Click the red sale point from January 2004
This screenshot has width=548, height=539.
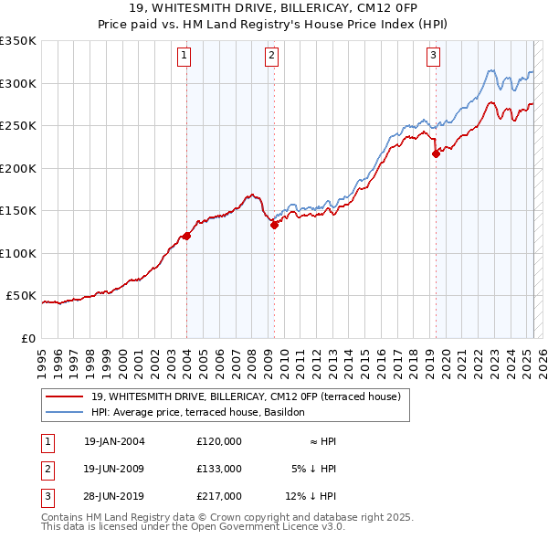click(x=186, y=236)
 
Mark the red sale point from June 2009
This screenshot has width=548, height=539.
click(x=273, y=225)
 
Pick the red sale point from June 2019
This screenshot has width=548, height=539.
click(x=436, y=153)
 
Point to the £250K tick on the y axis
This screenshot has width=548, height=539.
click(x=17, y=126)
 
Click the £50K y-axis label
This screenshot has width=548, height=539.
click(x=20, y=296)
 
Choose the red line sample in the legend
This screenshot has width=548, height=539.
click(x=64, y=396)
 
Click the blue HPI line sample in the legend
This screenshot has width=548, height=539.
click(x=64, y=412)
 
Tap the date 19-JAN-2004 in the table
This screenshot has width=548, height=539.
click(x=114, y=441)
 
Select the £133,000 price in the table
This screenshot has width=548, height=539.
click(x=219, y=469)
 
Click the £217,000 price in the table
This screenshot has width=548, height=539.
click(x=219, y=497)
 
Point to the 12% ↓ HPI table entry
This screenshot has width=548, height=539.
click(x=311, y=497)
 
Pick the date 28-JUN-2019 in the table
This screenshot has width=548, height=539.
click(x=114, y=497)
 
